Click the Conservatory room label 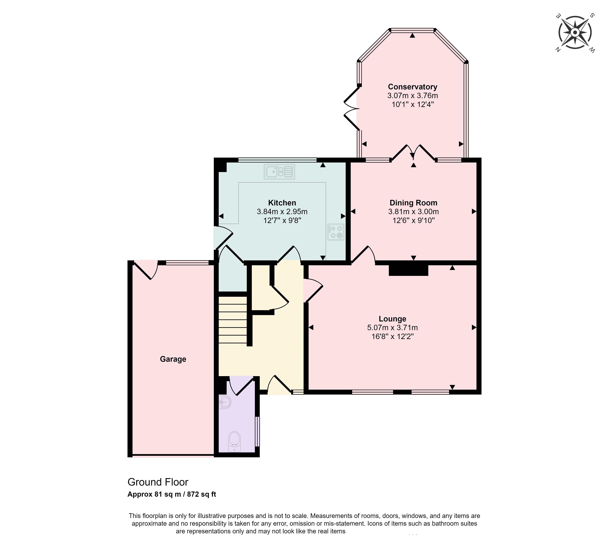tap(412, 87)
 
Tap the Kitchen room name tap(282, 203)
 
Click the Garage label tap(173, 359)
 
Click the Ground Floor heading tap(158, 482)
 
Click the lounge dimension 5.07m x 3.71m tap(392, 328)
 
